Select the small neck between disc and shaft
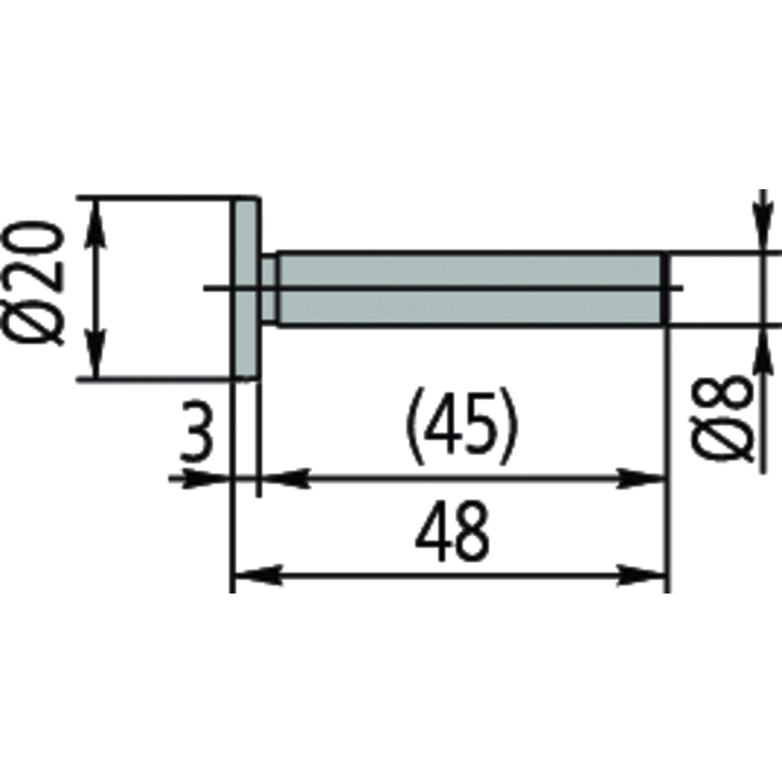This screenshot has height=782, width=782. pos(268,289)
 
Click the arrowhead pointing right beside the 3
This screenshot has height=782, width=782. pos(211,478)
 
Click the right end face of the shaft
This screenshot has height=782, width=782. pos(665,289)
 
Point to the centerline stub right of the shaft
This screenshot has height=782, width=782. pos(676,289)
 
